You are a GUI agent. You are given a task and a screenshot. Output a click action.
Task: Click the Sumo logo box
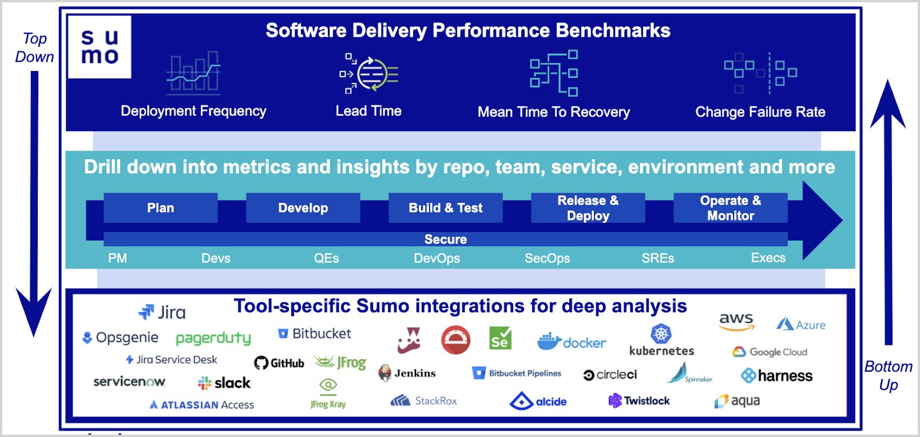tap(100, 47)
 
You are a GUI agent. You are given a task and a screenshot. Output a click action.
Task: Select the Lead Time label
tap(368, 111)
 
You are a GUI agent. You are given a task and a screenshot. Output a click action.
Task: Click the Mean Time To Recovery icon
tap(553, 73)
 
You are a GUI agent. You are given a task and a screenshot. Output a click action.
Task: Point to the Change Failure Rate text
tap(760, 112)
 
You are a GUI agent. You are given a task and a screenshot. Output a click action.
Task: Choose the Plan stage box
tap(160, 208)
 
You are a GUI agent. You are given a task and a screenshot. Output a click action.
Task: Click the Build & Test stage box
tap(445, 208)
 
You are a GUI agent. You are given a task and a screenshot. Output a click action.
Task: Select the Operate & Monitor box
tap(730, 208)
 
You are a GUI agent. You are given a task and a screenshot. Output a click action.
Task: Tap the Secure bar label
tap(445, 239)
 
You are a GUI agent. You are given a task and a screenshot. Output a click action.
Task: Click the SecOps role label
tap(547, 258)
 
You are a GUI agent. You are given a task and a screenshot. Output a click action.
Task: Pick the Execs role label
tap(768, 258)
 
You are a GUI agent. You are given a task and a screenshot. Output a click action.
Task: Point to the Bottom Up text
tap(888, 376)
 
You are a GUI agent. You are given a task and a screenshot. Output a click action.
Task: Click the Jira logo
tap(162, 312)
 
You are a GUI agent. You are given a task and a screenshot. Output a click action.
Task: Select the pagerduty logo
tap(213, 338)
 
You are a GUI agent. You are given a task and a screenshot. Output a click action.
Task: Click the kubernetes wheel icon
tap(661, 333)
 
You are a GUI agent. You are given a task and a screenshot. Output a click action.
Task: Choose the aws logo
tap(736, 321)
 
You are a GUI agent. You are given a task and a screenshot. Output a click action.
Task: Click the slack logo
tap(224, 383)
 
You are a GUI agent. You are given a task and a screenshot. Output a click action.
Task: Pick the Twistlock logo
tap(639, 401)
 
